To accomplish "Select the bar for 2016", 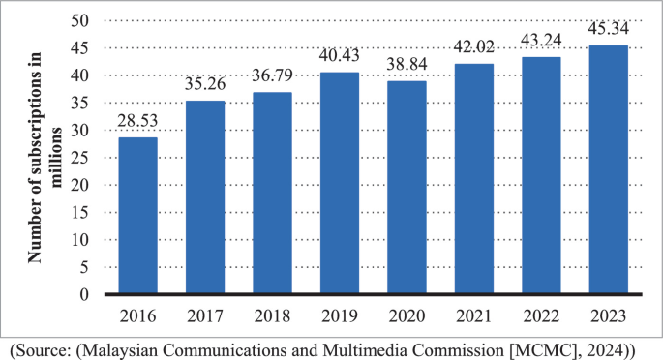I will (x=137, y=216).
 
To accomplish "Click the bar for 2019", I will (x=340, y=183).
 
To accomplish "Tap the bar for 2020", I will (x=407, y=188).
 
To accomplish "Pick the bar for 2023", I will (x=608, y=169).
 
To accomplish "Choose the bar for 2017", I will (x=205, y=197).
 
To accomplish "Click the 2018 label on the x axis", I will (x=272, y=315).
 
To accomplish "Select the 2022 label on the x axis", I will (x=541, y=315).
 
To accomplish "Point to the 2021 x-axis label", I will (x=474, y=315).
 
